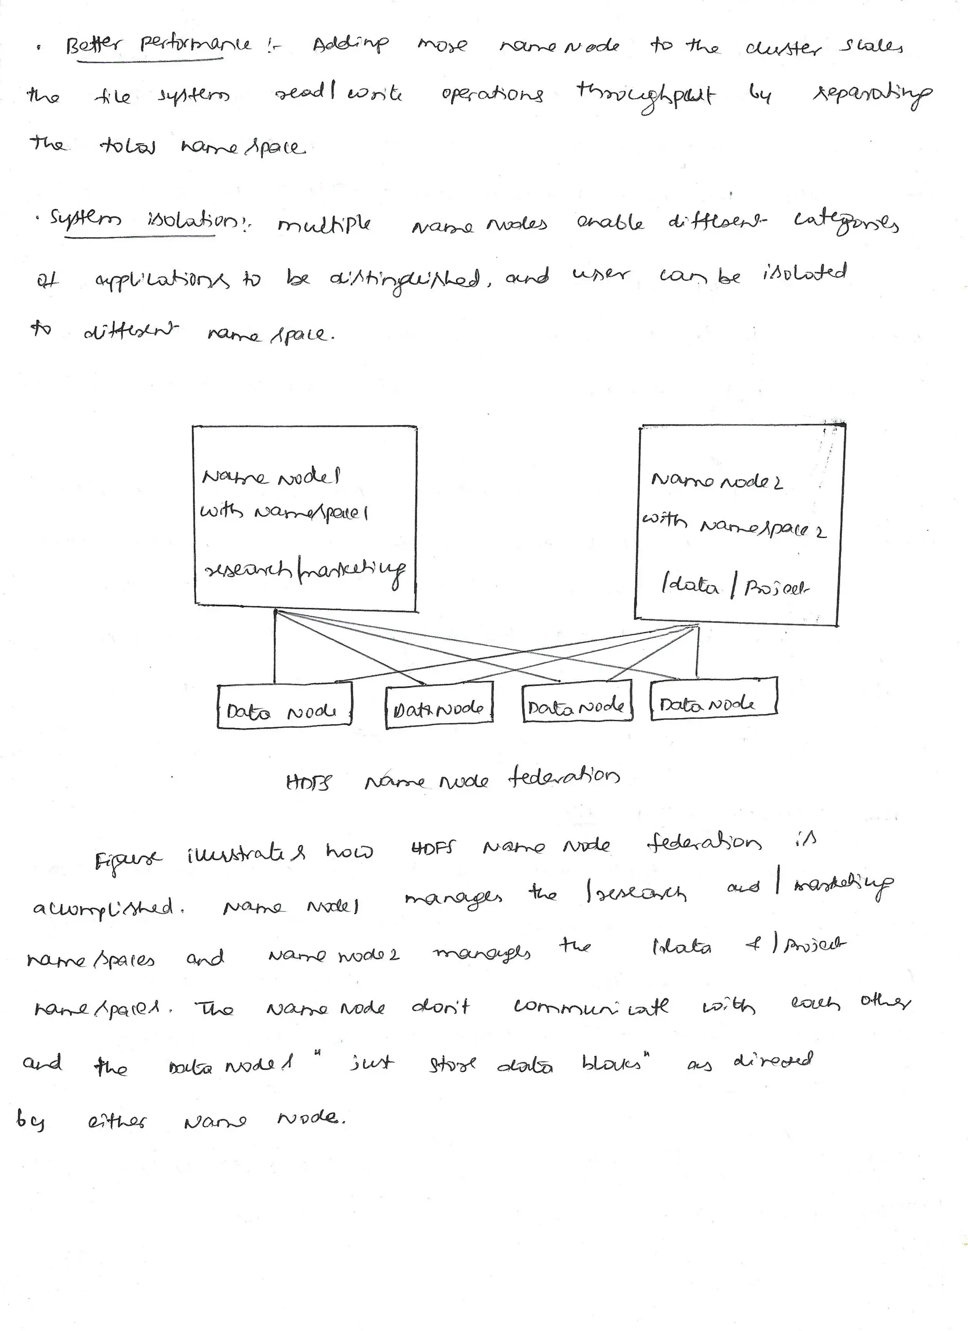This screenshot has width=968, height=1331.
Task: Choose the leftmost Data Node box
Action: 284,707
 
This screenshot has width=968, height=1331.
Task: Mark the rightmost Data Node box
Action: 714,696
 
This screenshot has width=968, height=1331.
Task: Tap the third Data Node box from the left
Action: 577,700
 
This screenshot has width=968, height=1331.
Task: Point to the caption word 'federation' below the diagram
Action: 563,778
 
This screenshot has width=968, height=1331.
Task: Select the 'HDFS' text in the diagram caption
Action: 309,783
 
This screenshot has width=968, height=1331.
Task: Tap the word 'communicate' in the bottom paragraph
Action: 591,1007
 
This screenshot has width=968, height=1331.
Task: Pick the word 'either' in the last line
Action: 117,1123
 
